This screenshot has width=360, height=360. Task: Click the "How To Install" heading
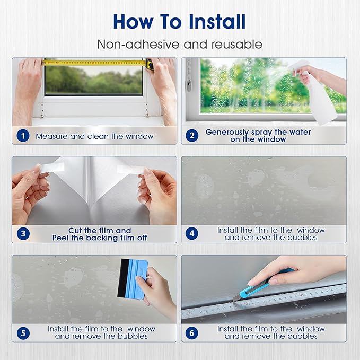click(x=179, y=22)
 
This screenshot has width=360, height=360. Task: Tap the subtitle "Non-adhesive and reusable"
click(x=180, y=44)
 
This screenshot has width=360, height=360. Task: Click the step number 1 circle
click(x=23, y=136)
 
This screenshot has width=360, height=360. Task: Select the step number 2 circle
click(x=192, y=135)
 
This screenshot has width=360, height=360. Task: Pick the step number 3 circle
click(x=23, y=234)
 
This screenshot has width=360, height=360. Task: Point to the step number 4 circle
click(x=192, y=233)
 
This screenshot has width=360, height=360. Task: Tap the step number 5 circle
click(x=23, y=333)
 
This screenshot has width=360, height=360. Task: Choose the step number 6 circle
click(x=192, y=333)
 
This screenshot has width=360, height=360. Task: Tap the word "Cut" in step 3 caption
click(x=75, y=230)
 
